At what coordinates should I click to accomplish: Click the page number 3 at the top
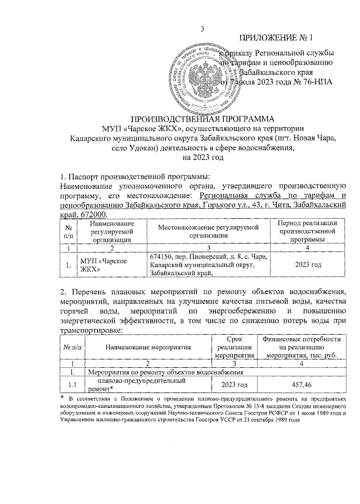pyautogui.click(x=202, y=29)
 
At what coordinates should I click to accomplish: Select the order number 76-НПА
pyautogui.click(x=314, y=82)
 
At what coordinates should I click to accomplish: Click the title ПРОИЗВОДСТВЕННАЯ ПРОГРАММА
pyautogui.click(x=202, y=119)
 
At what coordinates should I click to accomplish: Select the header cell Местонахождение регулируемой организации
pyautogui.click(x=207, y=231)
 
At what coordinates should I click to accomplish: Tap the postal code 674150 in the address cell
pyautogui.click(x=161, y=256)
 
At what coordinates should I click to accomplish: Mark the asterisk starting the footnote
pyautogui.click(x=62, y=398)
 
